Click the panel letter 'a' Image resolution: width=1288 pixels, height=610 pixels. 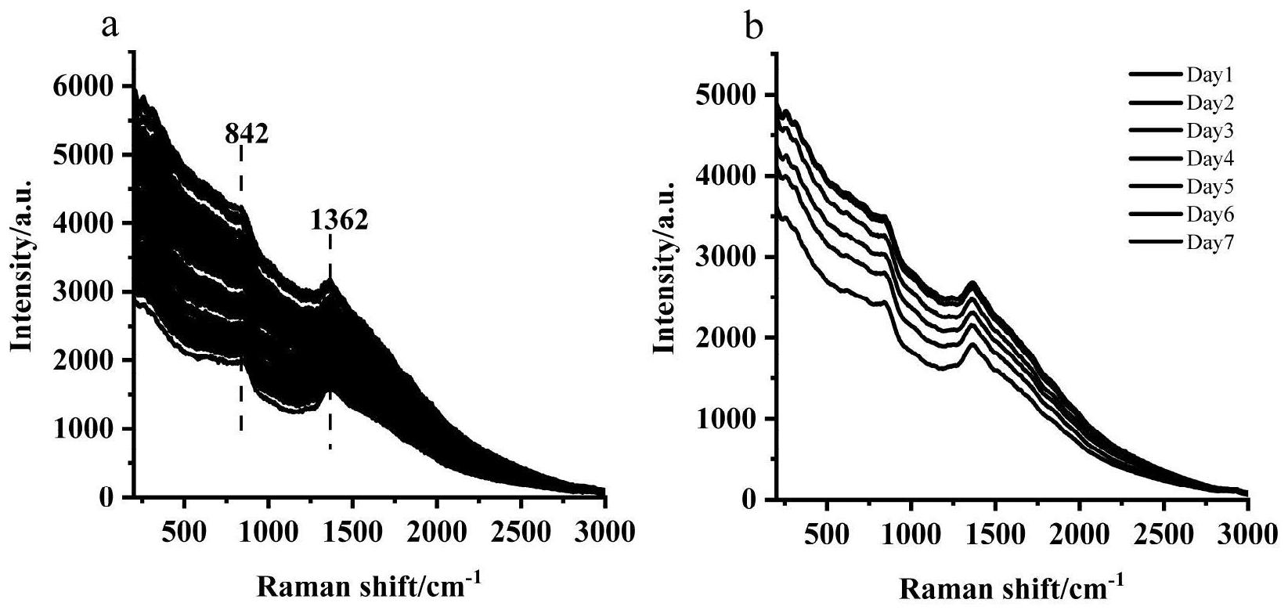coord(110,26)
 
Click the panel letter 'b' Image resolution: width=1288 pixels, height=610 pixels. coord(752,29)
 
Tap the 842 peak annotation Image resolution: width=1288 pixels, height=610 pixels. coord(247,135)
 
